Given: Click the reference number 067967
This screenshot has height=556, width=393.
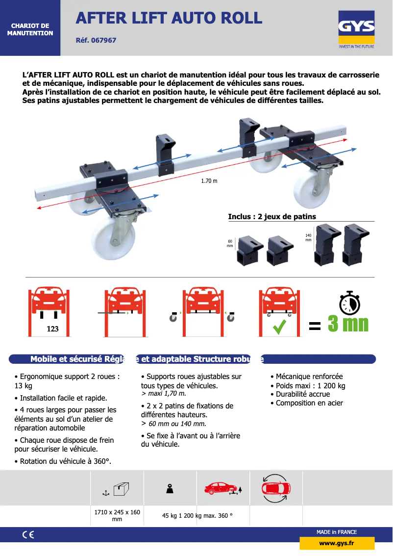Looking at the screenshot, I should pyautogui.click(x=96, y=40).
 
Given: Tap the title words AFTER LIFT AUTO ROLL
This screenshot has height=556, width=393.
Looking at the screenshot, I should pyautogui.click(x=169, y=18).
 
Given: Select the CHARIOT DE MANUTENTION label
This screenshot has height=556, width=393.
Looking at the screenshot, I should pyautogui.click(x=30, y=29).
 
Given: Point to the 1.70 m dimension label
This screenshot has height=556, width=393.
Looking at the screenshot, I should pyautogui.click(x=209, y=181).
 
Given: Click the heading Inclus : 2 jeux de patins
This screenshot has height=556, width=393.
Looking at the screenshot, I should pyautogui.click(x=272, y=216).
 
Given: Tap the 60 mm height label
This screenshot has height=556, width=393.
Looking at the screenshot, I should pyautogui.click(x=230, y=244).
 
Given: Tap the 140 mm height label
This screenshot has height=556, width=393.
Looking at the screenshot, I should pyautogui.click(x=308, y=238).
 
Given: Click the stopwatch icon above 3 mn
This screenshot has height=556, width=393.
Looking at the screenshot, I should pyautogui.click(x=349, y=303).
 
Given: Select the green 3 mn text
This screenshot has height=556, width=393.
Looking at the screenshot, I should pyautogui.click(x=348, y=324).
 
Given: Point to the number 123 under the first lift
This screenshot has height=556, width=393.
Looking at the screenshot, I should pyautogui.click(x=52, y=329).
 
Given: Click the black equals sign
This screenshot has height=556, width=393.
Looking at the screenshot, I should pyautogui.click(x=315, y=326).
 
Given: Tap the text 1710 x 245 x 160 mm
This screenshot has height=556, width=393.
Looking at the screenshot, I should pyautogui.click(x=117, y=515).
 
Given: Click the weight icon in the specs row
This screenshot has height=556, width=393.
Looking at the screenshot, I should pyautogui.click(x=170, y=489).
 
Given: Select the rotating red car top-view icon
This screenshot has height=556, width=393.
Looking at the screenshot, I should pyautogui.click(x=276, y=488).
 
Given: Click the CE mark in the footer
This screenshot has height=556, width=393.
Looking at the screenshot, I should pyautogui.click(x=28, y=535).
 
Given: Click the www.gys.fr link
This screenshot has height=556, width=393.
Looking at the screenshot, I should pyautogui.click(x=337, y=543).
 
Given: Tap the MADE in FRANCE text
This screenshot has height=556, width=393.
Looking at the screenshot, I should pyautogui.click(x=337, y=532).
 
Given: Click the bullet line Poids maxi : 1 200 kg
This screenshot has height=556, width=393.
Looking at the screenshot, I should pyautogui.click(x=308, y=385).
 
